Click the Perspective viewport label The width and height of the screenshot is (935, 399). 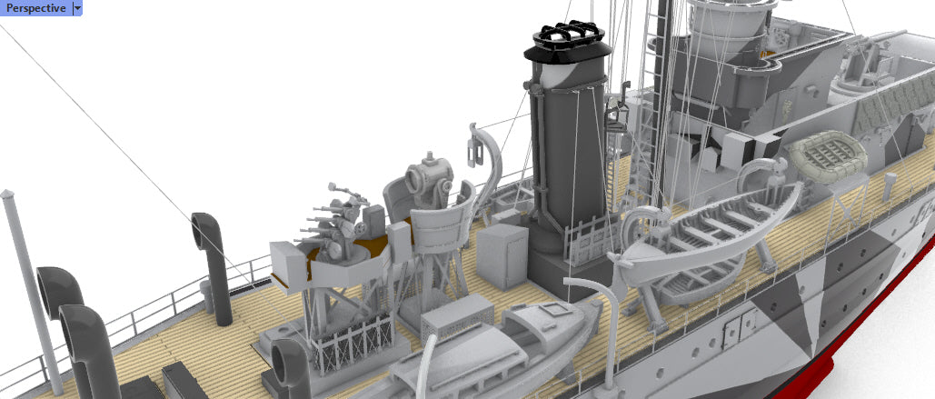point(35,8)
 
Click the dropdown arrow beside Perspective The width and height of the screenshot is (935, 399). point(77,8)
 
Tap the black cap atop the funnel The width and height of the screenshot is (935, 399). point(568,43)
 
